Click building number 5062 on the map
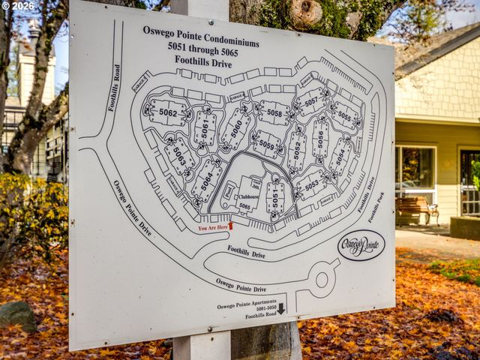coord(168,113)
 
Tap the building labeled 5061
coord(204,128)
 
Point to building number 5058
coord(274,113)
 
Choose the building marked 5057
coord(311,101)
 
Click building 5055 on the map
coord(344,116)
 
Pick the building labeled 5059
coord(266,144)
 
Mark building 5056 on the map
coord(320,139)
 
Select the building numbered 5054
coord(340,157)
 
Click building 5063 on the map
coord(179,156)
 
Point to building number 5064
coord(205,180)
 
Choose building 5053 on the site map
coord(311,184)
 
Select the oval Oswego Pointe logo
coord(361,244)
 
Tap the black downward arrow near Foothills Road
coord(281,308)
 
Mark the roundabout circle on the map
coord(322,280)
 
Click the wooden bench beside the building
coord(416,210)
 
